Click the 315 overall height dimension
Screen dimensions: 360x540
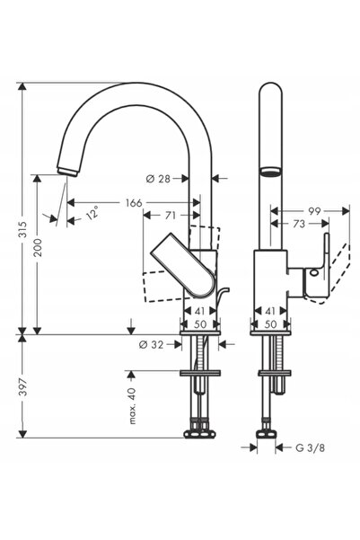[x=22, y=229]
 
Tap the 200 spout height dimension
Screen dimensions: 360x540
[x=37, y=247]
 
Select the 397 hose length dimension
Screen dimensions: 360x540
[x=22, y=386]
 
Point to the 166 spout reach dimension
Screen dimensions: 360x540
[x=134, y=203]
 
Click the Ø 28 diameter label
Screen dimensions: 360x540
[x=158, y=179]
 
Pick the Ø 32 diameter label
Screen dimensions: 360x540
[x=151, y=344]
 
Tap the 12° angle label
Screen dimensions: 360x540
[x=92, y=212]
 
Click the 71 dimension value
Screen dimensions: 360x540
[x=171, y=216]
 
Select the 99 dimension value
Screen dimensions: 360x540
[x=314, y=211]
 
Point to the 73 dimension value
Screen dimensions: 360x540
[x=299, y=224]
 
